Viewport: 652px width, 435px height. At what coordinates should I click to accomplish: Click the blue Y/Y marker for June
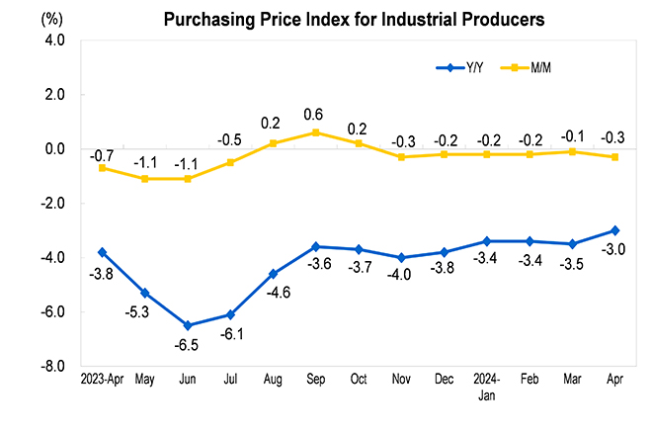(188, 325)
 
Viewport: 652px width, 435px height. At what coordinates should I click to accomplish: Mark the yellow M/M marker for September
(315, 132)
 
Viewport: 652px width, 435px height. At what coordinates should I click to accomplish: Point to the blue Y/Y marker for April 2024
(614, 230)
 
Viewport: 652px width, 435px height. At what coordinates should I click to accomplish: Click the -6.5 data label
(188, 345)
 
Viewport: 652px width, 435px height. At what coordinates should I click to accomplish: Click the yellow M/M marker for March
(572, 151)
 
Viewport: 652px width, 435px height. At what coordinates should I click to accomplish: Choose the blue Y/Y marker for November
(401, 258)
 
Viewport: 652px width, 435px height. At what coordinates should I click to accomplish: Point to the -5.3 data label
(144, 312)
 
